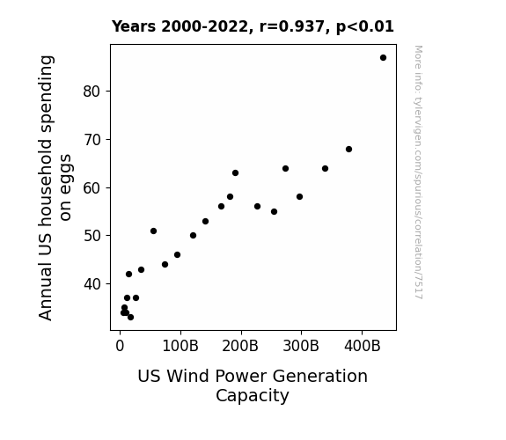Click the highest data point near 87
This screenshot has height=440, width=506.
383,58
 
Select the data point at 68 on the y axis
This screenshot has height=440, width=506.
348,149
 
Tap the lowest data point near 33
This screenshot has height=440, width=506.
130,318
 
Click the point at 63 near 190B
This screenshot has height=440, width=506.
235,173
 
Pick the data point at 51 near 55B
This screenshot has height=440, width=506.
154,231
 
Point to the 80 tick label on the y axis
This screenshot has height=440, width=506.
92,92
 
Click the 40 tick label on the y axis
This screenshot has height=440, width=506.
92,284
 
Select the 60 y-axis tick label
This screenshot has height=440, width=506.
92,188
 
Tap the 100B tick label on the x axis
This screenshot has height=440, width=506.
180,347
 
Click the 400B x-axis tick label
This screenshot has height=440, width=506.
363,347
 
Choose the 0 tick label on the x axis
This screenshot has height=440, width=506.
120,347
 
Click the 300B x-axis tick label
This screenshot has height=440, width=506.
301,347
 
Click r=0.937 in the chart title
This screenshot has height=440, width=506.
292,26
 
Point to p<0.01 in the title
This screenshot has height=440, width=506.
365,26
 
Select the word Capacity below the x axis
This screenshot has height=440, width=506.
253,396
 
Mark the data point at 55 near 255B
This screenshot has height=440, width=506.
274,212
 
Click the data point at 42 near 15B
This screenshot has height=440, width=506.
128,274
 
